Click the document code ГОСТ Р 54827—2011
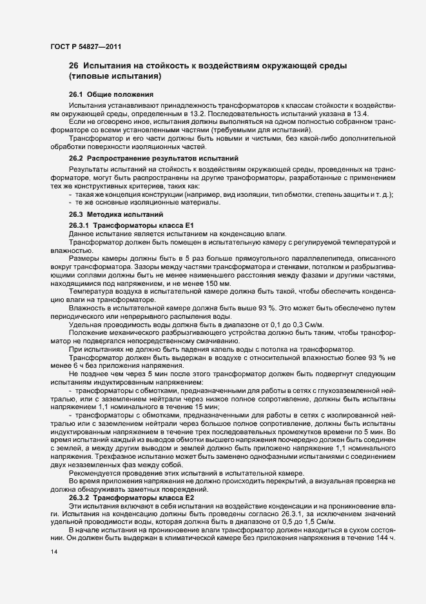click(84, 46)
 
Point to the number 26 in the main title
click(73, 66)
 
